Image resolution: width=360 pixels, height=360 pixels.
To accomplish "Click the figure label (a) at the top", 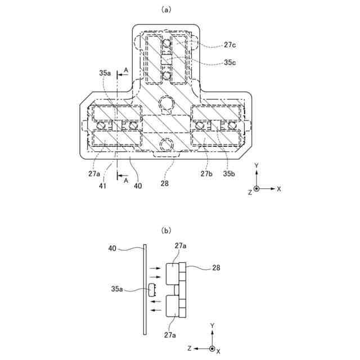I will (x=165, y=10).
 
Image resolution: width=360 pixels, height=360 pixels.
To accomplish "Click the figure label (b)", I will (x=165, y=229).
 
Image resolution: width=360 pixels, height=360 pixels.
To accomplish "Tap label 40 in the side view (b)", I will (x=113, y=247).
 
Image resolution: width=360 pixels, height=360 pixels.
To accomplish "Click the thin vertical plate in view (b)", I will (x=145, y=290).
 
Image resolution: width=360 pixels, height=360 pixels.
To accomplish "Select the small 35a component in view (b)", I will (x=151, y=291).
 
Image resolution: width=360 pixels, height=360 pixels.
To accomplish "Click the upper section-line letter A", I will (x=125, y=70).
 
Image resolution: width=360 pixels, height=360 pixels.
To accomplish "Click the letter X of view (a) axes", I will (x=278, y=189).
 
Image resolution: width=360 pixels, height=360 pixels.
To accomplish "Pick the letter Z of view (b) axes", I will (x=191, y=349).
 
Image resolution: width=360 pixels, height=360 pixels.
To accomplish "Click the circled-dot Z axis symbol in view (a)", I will (x=256, y=189).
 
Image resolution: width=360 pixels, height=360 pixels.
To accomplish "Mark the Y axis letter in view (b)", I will (x=212, y=326).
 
